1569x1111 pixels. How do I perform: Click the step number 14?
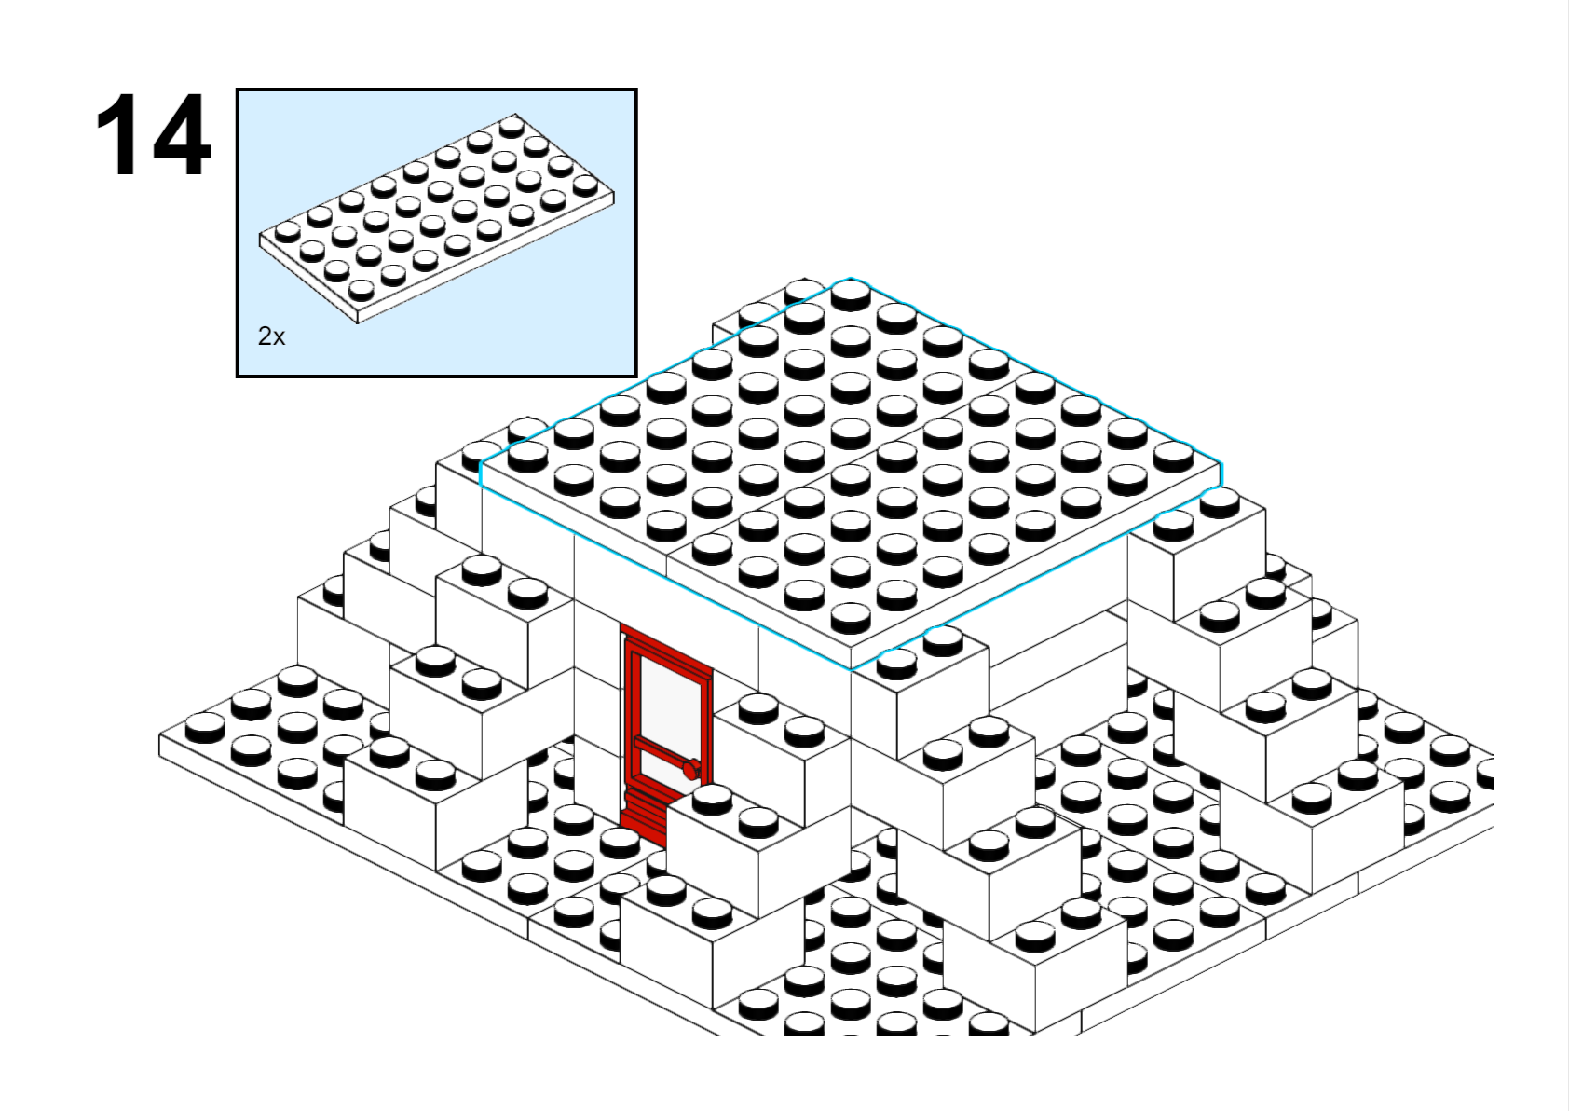[153, 134]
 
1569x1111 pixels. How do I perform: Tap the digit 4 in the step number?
[179, 134]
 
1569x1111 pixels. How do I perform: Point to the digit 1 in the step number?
[116, 134]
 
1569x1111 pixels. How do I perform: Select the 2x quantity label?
[272, 337]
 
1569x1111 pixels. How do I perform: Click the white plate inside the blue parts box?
[436, 218]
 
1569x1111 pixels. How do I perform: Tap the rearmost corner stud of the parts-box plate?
[512, 126]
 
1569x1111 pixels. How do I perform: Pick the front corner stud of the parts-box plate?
[361, 289]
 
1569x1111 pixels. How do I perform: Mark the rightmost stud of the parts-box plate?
[585, 185]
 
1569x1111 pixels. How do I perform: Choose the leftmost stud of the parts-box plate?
[287, 231]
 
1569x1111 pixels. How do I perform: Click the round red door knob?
[691, 770]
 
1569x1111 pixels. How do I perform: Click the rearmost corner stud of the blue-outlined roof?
[851, 295]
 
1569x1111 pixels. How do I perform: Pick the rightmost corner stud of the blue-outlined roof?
[1174, 457]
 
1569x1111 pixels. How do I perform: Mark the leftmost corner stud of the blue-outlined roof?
[527, 457]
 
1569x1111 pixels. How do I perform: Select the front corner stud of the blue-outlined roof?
[851, 618]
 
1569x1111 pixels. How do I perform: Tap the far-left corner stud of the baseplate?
[205, 728]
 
